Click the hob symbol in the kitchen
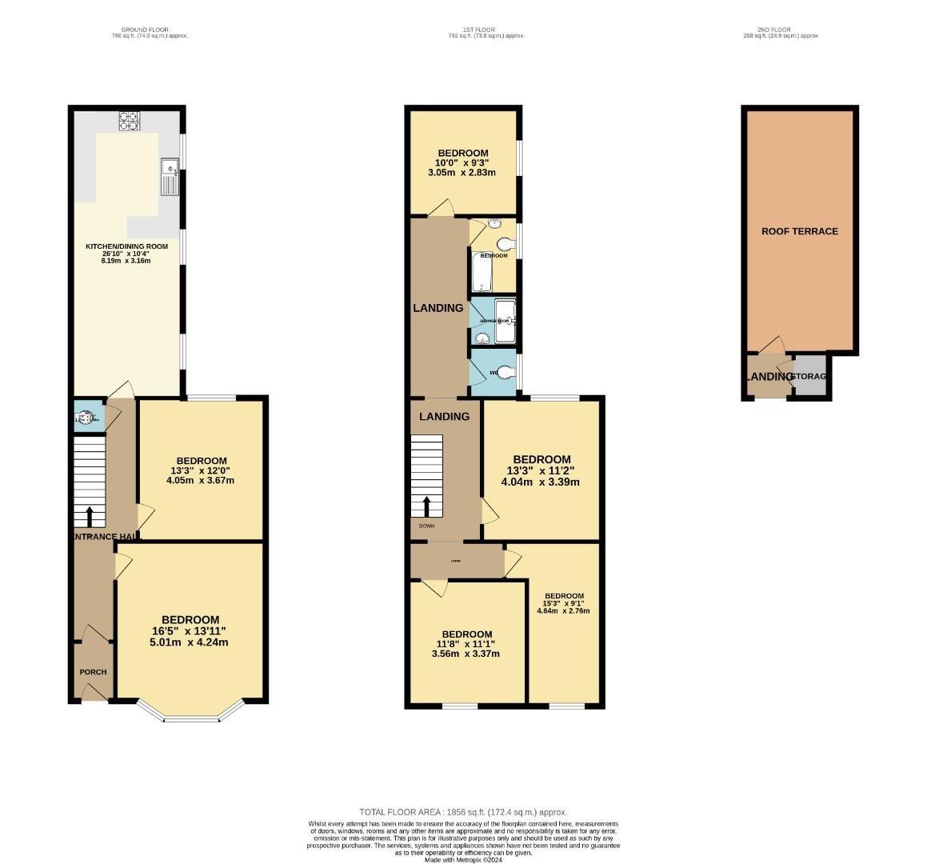pyautogui.click(x=129, y=121)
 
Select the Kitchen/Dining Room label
pyautogui.click(x=127, y=246)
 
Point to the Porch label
pyautogui.click(x=93, y=672)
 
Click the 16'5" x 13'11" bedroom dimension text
pyautogui.click(x=190, y=631)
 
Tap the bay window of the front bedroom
pyautogui.click(x=190, y=714)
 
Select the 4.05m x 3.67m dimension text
pyautogui.click(x=200, y=481)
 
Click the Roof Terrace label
pyautogui.click(x=799, y=231)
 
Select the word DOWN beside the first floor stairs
pyautogui.click(x=426, y=526)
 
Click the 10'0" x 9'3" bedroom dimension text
pyautogui.click(x=462, y=163)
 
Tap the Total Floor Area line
pyautogui.click(x=463, y=812)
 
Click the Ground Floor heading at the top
pyautogui.click(x=150, y=30)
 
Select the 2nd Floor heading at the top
pyautogui.click(x=781, y=30)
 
